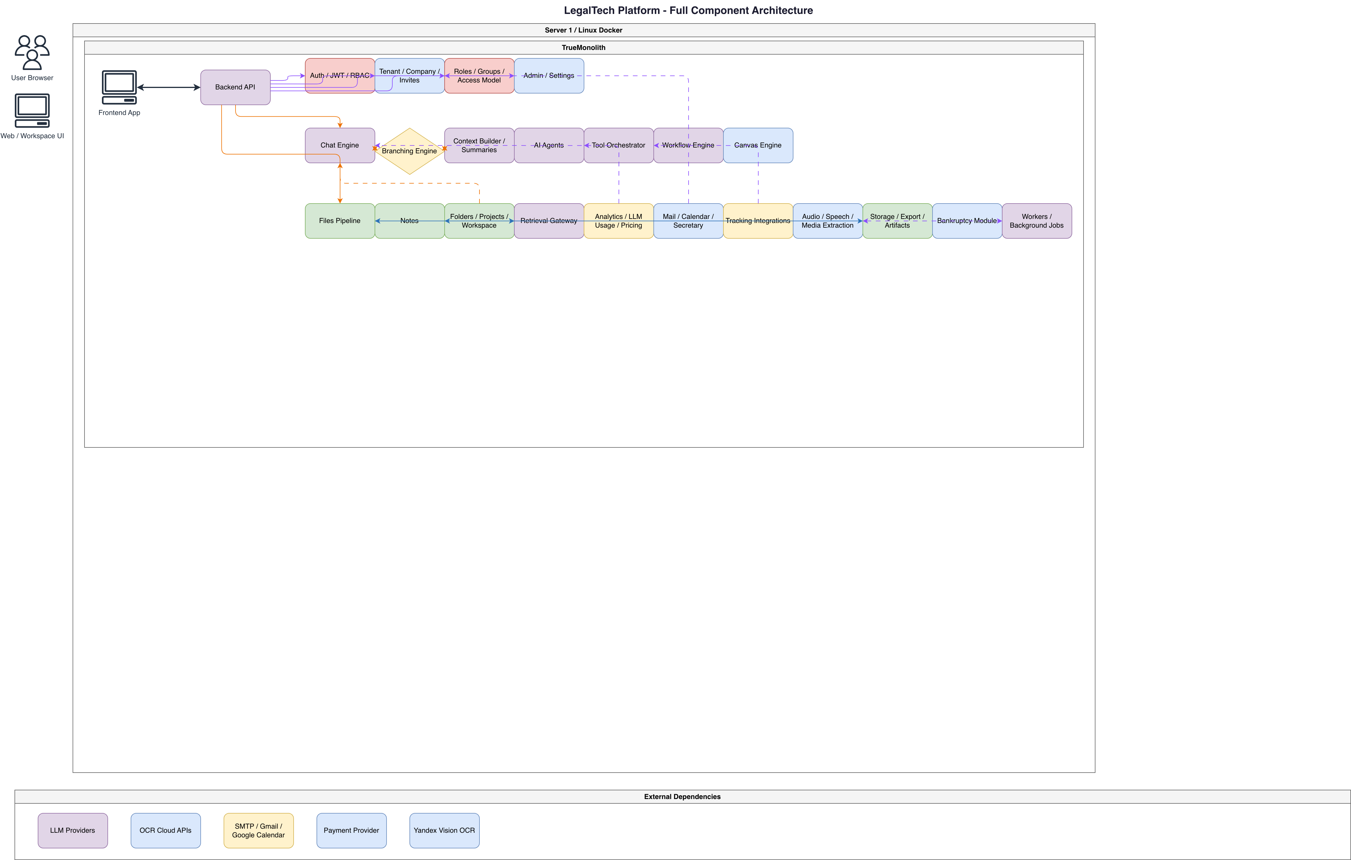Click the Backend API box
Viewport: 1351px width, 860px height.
pos(235,87)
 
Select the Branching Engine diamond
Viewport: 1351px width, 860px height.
pos(409,151)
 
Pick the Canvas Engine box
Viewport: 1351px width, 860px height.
pos(758,145)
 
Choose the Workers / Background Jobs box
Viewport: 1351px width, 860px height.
pos(1037,220)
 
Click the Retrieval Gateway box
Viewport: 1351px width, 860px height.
pos(549,220)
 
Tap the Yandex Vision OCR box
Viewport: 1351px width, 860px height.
pos(444,830)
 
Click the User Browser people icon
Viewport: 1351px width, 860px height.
pos(32,52)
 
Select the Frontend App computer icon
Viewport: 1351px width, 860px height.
pos(119,87)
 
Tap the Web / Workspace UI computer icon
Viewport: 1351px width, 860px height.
pos(32,111)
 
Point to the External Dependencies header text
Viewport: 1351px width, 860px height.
pos(682,797)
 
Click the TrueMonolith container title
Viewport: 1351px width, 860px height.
pos(583,48)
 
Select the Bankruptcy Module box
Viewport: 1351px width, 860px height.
pos(967,220)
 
